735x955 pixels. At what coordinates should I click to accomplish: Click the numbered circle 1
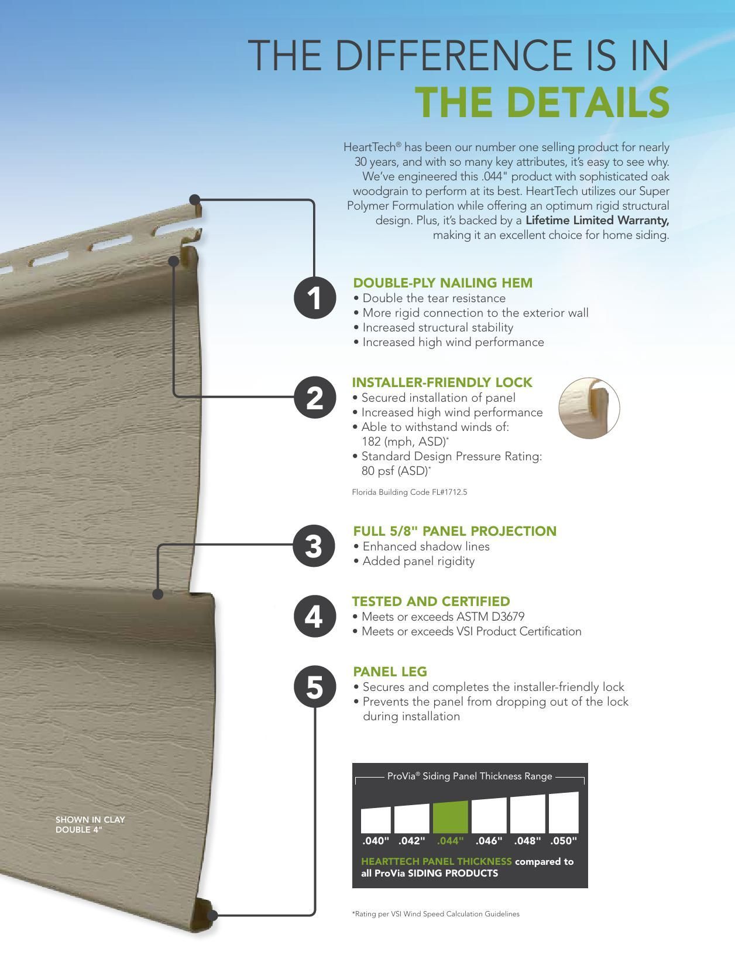[x=315, y=298]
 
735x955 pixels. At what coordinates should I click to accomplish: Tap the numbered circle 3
[x=315, y=546]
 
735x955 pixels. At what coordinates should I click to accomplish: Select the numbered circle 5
[x=315, y=686]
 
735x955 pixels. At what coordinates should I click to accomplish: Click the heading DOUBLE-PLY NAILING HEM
[x=442, y=283]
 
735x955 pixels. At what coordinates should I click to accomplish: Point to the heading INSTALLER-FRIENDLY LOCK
[x=442, y=382]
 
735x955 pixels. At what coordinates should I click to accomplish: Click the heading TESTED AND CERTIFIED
[x=431, y=601]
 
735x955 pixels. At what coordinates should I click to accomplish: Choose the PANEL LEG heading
[x=390, y=672]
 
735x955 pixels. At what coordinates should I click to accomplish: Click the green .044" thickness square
[x=450, y=817]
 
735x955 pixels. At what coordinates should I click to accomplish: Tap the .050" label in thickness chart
[x=564, y=841]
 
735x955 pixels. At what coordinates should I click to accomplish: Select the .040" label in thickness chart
[x=376, y=841]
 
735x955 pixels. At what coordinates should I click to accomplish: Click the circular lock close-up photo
[x=589, y=408]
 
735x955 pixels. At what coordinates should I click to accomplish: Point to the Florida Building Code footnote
[x=409, y=492]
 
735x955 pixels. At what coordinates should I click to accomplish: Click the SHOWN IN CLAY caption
[x=90, y=820]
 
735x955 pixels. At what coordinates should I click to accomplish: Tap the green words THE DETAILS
[x=542, y=102]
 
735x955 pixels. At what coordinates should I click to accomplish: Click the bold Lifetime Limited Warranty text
[x=597, y=220]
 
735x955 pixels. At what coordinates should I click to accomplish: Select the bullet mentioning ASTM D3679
[x=443, y=617]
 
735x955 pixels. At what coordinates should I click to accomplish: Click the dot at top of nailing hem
[x=195, y=200]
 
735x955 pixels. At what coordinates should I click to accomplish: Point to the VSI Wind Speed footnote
[x=435, y=913]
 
